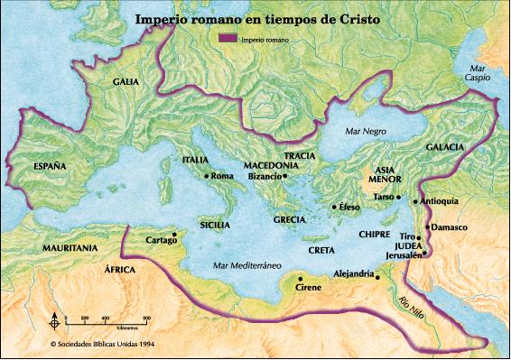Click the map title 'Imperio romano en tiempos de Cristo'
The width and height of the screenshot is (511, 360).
click(x=255, y=19)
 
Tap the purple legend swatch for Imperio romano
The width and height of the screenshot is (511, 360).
click(x=228, y=40)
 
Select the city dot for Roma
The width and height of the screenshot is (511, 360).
click(x=207, y=176)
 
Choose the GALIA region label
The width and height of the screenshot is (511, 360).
click(x=125, y=81)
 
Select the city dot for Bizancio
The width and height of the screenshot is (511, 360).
click(x=284, y=177)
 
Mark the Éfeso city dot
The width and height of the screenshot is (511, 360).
click(x=334, y=208)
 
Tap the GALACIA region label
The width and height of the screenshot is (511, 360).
click(x=445, y=146)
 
